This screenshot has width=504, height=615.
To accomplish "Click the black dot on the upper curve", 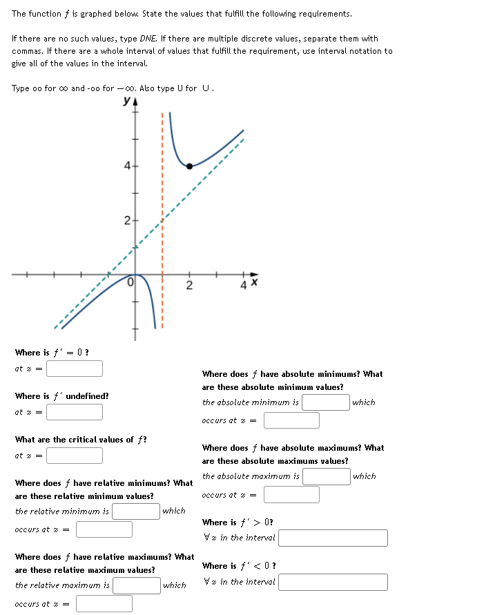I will tap(189, 166).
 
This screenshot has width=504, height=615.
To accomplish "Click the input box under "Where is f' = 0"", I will tap(75, 369).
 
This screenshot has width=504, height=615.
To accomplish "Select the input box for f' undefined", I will tap(75, 412).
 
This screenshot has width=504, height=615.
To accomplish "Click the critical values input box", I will tap(75, 456).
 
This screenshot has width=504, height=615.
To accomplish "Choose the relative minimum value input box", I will tap(137, 511).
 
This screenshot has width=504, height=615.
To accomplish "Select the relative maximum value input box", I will tap(137, 585).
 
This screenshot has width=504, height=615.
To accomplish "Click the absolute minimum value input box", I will tap(326, 402).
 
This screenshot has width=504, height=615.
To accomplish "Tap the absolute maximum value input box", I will tap(326, 476).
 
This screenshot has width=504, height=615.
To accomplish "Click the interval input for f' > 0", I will tap(333, 538).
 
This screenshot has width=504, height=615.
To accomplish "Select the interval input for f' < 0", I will tap(333, 582).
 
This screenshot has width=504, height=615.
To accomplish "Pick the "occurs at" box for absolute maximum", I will tap(291, 495).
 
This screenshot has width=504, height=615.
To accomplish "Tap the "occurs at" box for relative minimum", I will tap(104, 529).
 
